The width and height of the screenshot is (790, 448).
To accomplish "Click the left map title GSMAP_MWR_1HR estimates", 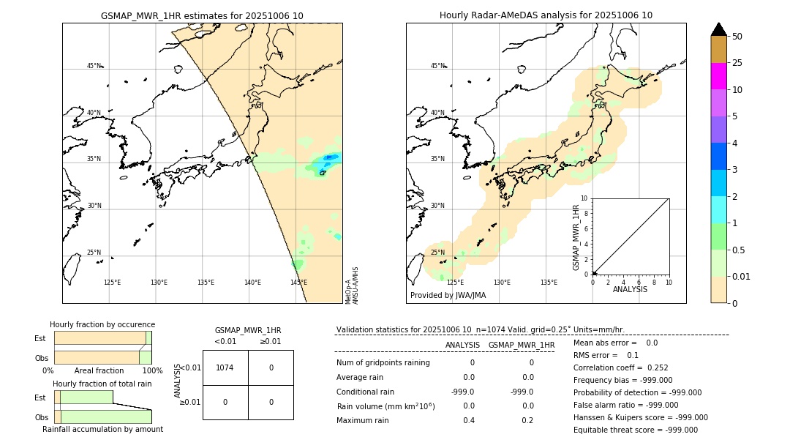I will pos(202,15).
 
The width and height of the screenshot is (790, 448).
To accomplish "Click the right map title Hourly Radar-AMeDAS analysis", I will pos(546,15).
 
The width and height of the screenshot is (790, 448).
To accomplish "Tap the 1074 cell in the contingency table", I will pos(225,367).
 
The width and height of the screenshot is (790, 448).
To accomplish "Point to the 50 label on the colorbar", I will pos(737,37).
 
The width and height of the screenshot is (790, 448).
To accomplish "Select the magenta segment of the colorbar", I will pos(718,76).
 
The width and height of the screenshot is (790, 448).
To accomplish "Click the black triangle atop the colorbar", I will pos(718,29).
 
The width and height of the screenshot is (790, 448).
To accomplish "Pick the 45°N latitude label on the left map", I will pos(94,66).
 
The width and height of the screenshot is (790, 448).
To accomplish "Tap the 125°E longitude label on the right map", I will pos(455,283).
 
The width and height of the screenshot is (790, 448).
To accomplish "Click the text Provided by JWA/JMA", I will pos(448,296).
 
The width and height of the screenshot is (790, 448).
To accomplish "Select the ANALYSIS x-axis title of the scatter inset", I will pos(630,290).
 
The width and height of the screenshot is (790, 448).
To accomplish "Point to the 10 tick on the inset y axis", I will pos(584,198).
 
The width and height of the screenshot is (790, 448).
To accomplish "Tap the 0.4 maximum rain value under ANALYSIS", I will pos(468,420).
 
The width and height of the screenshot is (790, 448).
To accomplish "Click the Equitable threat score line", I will pos(635,430).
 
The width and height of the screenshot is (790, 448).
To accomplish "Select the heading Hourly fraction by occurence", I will pos(102,324).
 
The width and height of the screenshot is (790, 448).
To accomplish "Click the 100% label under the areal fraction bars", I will pos(152,371).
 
